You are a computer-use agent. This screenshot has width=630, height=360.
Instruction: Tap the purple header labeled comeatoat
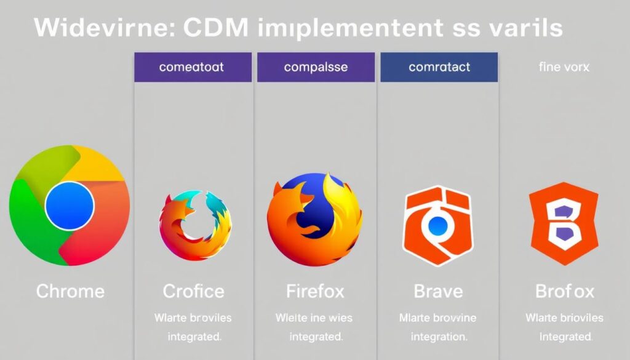pos(193,67)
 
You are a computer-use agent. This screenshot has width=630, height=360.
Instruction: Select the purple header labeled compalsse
pos(316,67)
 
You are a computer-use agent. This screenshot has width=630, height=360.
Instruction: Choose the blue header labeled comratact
pos(439,67)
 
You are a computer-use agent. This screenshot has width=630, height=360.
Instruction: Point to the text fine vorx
pos(564,67)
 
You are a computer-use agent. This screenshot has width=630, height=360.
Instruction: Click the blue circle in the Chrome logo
pos(70,204)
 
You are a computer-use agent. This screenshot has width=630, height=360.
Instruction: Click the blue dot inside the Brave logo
pos(437,225)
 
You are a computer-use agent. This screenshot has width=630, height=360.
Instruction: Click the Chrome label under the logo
pos(70,290)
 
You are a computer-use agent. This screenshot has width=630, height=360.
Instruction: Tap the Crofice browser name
pos(193,290)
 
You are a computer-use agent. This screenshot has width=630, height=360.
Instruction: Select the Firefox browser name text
pos(315,290)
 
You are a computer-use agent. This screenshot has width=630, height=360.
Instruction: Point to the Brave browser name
pos(438,290)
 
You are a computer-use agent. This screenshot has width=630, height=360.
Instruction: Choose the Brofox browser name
pos(564,290)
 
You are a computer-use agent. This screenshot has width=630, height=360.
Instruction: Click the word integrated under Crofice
pos(194,337)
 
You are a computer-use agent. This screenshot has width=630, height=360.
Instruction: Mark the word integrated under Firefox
pos(316,337)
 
